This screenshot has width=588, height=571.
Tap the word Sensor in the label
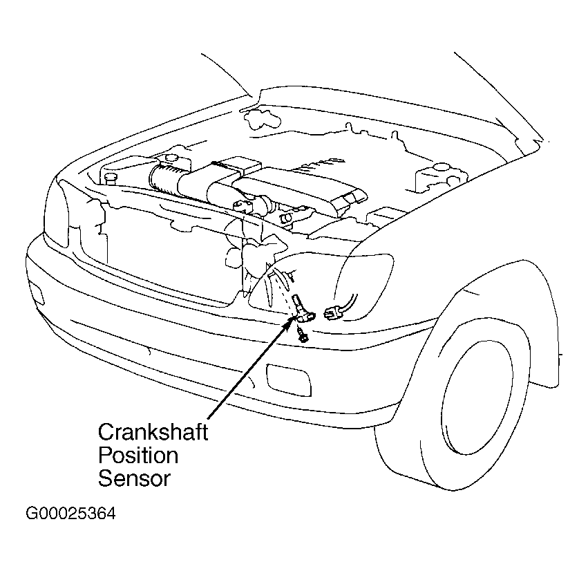(x=134, y=478)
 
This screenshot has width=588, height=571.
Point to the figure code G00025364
(x=71, y=515)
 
